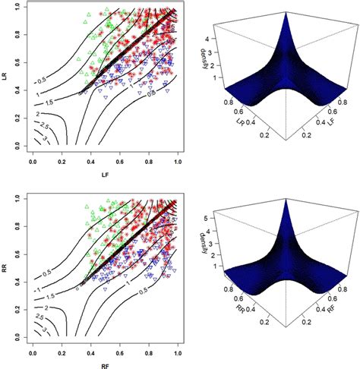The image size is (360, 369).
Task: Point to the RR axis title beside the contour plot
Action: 6,265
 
